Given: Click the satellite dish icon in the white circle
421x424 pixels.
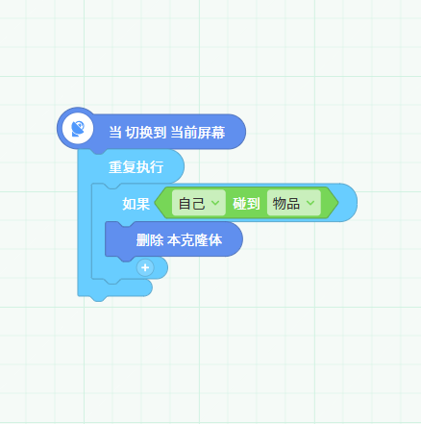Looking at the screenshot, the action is tap(78, 129).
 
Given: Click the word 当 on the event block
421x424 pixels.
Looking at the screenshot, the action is tap(115, 133).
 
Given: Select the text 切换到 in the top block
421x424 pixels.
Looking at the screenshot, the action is tap(145, 133).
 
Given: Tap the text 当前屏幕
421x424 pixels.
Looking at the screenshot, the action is tap(197, 133).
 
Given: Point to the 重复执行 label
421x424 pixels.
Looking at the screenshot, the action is tap(136, 167).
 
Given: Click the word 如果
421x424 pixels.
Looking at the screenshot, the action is tap(136, 204).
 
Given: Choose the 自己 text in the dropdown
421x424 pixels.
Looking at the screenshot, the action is tap(191, 204).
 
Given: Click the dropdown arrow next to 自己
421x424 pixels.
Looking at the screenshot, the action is tap(215, 203).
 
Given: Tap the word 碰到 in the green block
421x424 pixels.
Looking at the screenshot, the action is tap(246, 204).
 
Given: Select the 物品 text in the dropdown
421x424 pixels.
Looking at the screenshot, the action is tap(286, 204).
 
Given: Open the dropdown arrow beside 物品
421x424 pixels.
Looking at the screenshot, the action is tap(310, 203).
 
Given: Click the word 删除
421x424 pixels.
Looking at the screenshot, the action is tap(150, 240).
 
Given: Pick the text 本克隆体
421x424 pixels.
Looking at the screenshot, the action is tap(194, 240).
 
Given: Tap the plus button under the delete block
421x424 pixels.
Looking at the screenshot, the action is tap(145, 267).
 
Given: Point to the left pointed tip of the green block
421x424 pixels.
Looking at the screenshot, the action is tap(155, 203).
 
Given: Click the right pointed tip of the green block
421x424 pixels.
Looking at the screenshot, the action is tap(337, 203).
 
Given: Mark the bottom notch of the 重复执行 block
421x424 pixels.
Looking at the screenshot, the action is tap(99, 298).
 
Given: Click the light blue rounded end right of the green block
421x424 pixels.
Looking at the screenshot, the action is tap(349, 203).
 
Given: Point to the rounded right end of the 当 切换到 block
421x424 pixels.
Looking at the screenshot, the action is tap(237, 132).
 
